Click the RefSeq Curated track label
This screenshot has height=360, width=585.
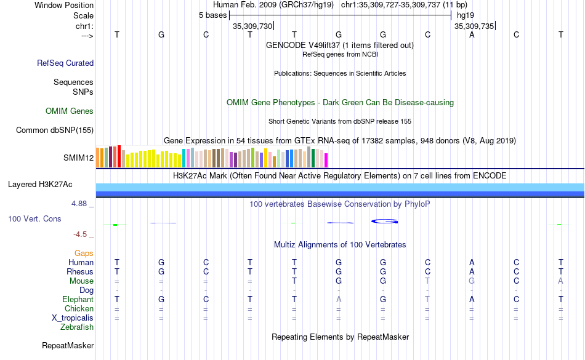65,63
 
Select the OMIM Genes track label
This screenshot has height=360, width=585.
70,111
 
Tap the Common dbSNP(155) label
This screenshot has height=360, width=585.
55,130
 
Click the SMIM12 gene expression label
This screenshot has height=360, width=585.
78,158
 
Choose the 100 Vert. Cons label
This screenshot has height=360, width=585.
34,218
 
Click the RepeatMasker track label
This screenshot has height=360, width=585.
68,346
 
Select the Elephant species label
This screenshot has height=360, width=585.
78,300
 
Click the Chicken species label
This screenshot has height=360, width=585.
79,309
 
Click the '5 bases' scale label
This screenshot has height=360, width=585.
212,15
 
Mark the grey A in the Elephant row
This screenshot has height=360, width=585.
339,300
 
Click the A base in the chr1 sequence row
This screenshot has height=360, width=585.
472,34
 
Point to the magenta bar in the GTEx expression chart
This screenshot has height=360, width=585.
326,160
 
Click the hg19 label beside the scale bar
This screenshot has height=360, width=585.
464,15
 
